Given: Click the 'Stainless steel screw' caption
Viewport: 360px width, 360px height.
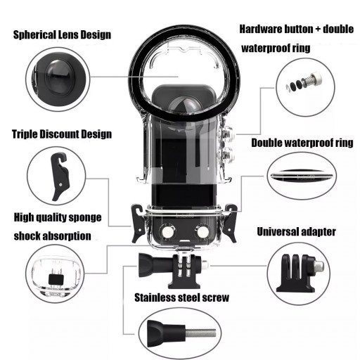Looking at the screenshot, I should [x=181, y=297].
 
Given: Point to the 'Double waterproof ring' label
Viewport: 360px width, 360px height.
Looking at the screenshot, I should [x=302, y=143].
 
